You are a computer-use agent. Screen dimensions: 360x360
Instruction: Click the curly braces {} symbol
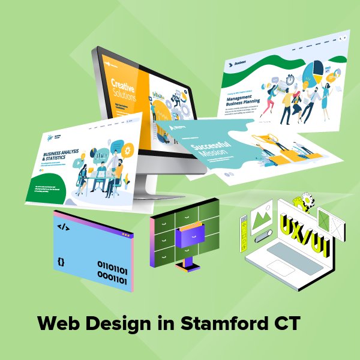click(x=61, y=262)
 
